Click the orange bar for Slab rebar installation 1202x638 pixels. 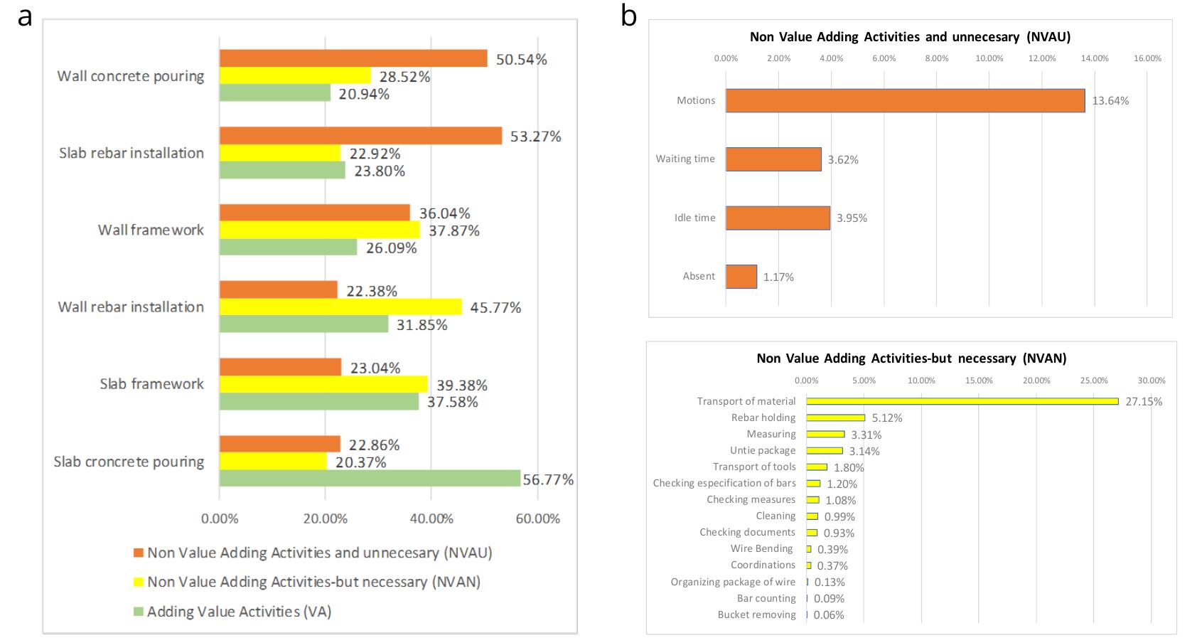point(360,136)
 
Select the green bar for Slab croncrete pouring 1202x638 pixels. point(370,479)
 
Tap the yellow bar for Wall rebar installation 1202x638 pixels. point(340,307)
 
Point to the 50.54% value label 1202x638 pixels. point(521,60)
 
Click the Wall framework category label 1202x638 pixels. point(151,230)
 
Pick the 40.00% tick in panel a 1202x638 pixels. point(431,519)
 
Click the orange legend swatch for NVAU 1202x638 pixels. point(139,553)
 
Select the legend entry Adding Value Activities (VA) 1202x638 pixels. point(239,612)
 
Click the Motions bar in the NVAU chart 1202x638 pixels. point(905,101)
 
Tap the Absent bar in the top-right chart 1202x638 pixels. point(741,277)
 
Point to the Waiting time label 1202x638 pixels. point(685,159)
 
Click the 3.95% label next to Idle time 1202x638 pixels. point(852,218)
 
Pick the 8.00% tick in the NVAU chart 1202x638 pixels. point(936,58)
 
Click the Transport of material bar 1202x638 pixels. point(962,402)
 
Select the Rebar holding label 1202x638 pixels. point(763,418)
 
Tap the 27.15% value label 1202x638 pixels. point(1144,402)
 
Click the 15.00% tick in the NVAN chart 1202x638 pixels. point(979,381)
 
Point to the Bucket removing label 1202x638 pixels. point(756,615)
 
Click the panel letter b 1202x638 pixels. point(628,16)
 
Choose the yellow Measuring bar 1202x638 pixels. point(825,435)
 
